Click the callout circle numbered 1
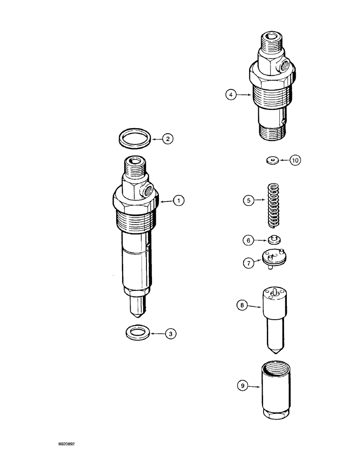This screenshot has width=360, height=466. tap(179, 201)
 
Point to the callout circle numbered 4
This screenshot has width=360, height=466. tap(230, 95)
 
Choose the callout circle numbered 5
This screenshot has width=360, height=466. tap(248, 201)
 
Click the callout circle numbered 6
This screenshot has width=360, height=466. tap(248, 240)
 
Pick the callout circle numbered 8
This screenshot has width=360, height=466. tap(242, 306)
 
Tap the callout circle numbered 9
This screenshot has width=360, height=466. tap(242, 386)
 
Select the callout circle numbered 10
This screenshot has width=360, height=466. tap(295, 160)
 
